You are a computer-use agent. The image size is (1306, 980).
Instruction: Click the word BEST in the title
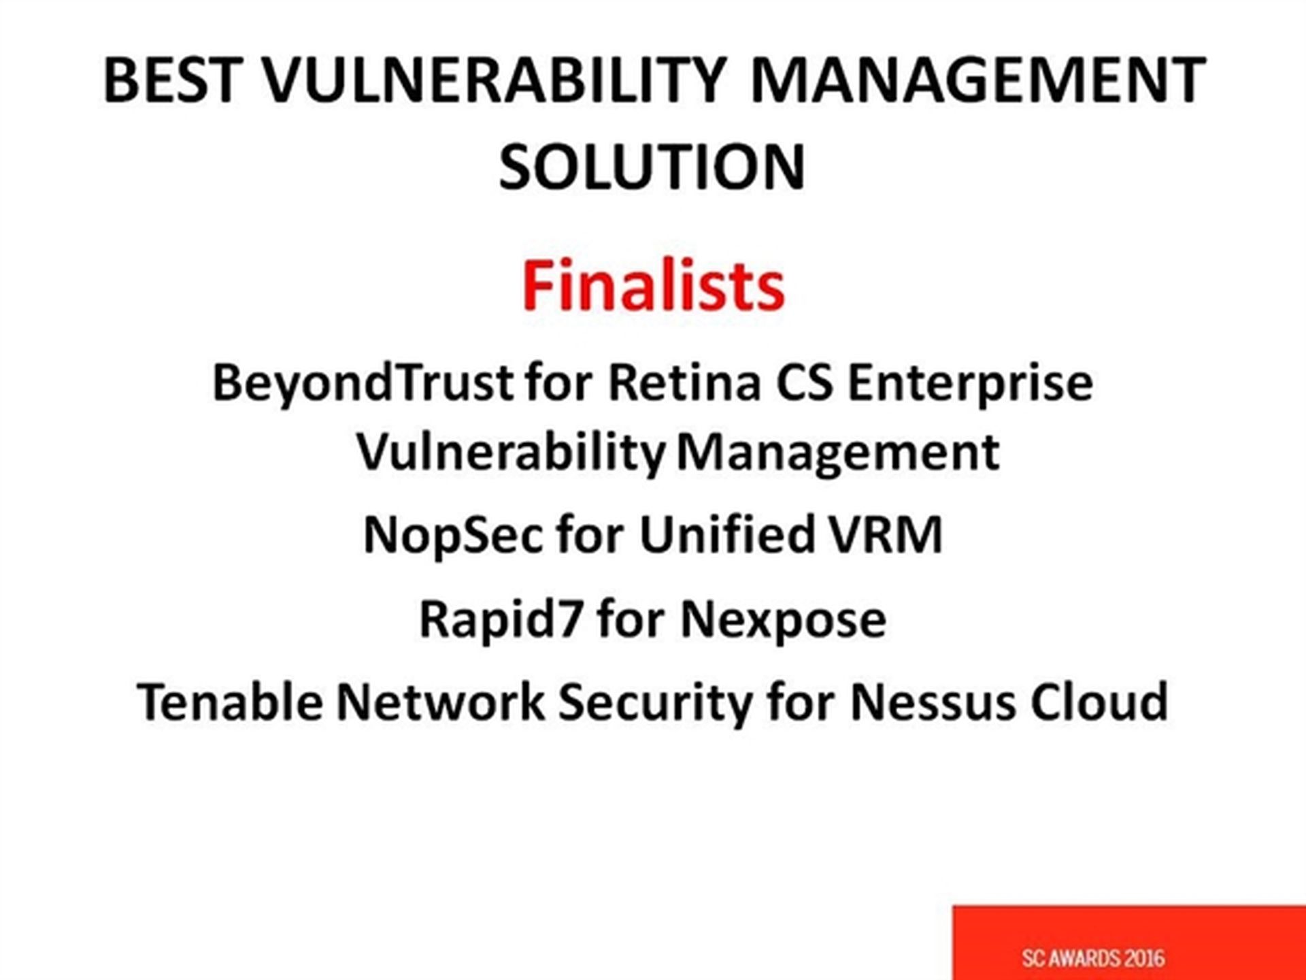173,80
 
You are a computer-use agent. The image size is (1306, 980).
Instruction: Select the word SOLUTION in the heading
652,167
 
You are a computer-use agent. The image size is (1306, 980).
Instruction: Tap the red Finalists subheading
653,286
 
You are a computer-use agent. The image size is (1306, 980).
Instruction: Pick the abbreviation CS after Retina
805,382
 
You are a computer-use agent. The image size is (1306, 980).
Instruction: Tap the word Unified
726,534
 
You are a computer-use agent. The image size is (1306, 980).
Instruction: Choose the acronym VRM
886,535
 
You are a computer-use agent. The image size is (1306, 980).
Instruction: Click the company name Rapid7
501,619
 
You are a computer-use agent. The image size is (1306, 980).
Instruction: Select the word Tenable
230,702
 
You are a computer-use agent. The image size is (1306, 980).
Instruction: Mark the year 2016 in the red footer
1144,958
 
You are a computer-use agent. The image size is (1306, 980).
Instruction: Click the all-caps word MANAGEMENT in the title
977,80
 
